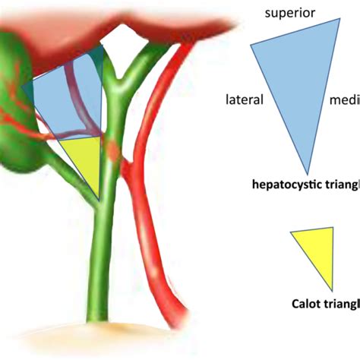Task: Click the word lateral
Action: click(244, 100)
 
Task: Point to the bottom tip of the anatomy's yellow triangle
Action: click(99, 199)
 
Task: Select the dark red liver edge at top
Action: click(114, 23)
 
